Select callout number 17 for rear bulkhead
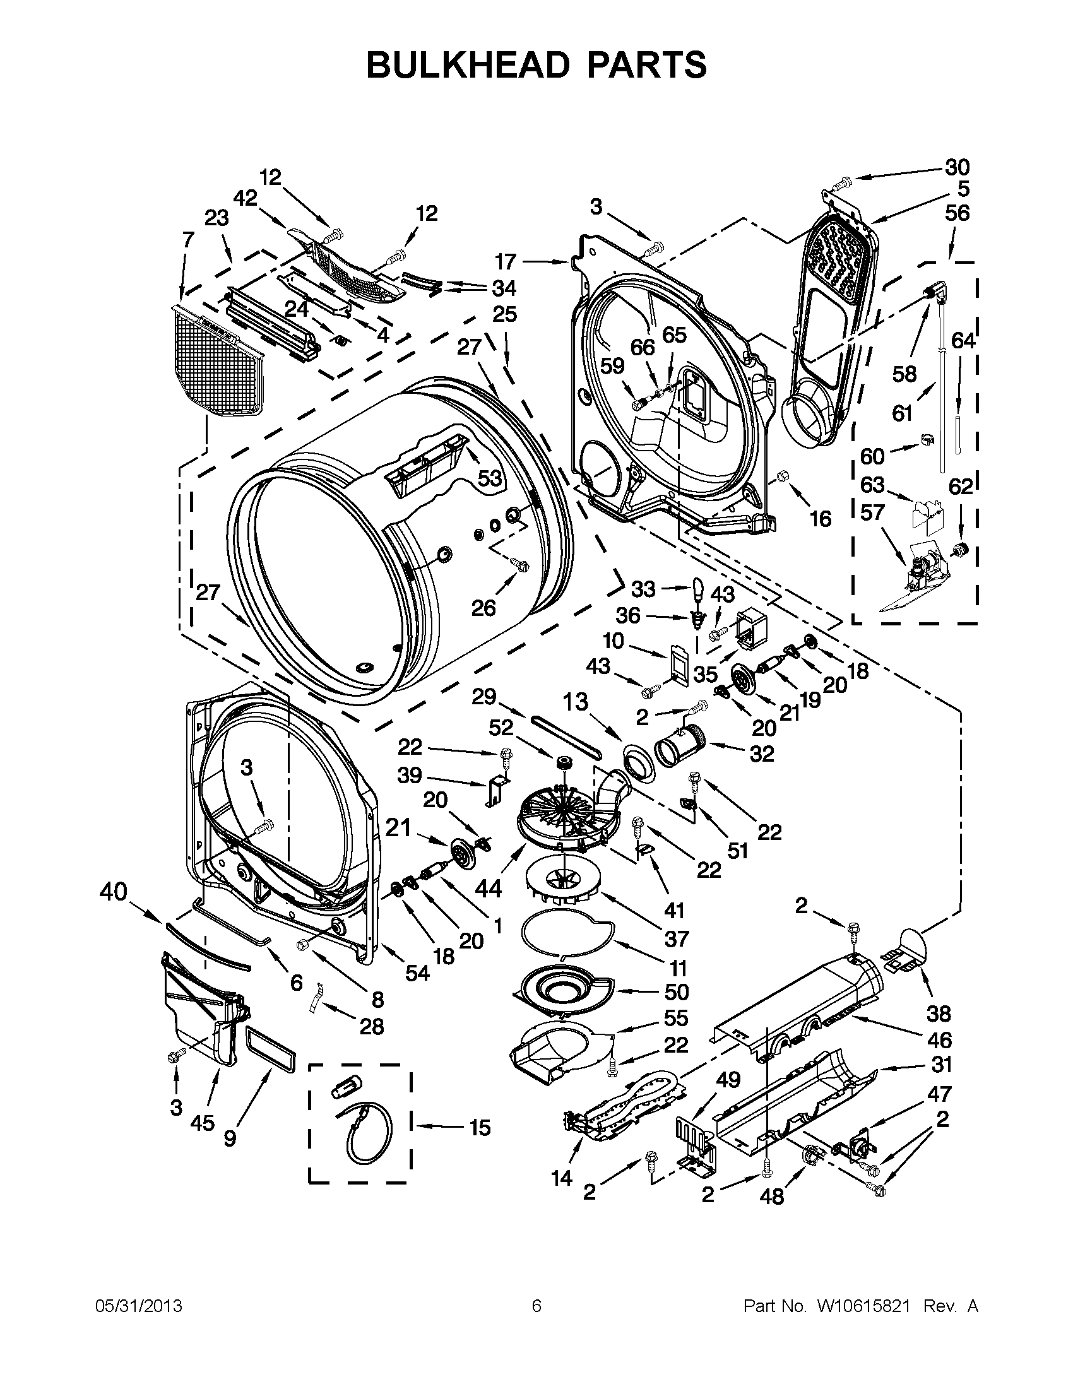pos(506,261)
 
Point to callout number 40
pos(114,892)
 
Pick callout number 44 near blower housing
pos(488,888)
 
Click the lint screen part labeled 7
pos(220,362)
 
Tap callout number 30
pos(957,167)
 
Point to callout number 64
pos(963,341)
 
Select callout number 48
pos(772,1197)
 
